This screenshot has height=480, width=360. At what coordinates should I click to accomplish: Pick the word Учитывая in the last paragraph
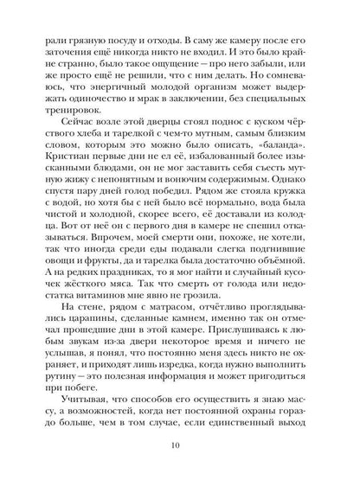pyautogui.click(x=76, y=395)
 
